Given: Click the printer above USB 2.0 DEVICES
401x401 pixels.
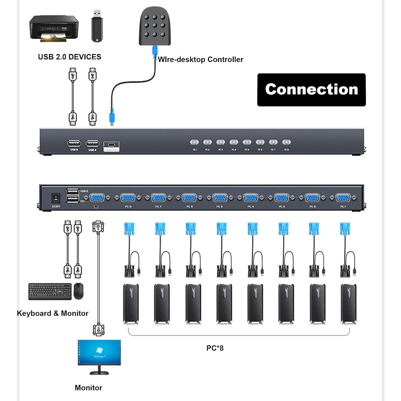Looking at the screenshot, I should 54,28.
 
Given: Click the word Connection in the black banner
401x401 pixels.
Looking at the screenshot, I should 311,89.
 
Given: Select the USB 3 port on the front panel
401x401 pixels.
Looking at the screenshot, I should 74,144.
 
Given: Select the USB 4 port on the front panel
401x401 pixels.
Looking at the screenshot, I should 92,144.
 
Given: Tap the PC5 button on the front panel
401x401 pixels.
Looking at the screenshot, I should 247,142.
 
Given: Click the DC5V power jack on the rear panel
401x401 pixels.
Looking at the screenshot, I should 56,198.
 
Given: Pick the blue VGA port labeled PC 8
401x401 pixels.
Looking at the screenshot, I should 128,198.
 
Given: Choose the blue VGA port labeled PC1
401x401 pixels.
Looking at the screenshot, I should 343,198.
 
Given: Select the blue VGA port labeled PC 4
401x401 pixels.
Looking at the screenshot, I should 250,198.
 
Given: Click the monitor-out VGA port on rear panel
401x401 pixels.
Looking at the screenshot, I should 97,198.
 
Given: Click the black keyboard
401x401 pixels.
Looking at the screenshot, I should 50,291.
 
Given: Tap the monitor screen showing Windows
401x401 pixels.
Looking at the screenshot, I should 99,352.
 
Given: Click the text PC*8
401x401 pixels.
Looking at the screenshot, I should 215,348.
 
